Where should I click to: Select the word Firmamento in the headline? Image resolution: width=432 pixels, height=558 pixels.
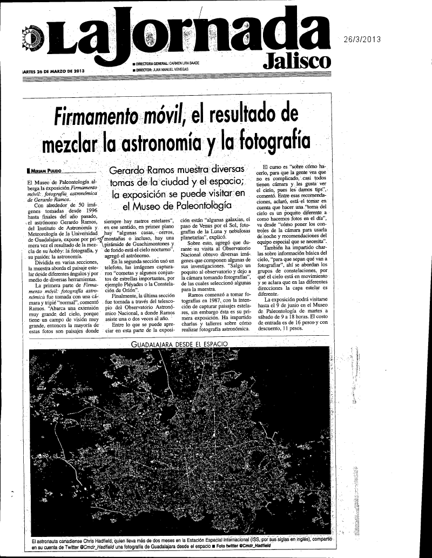97,115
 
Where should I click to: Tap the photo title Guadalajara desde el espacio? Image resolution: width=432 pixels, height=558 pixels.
180,344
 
